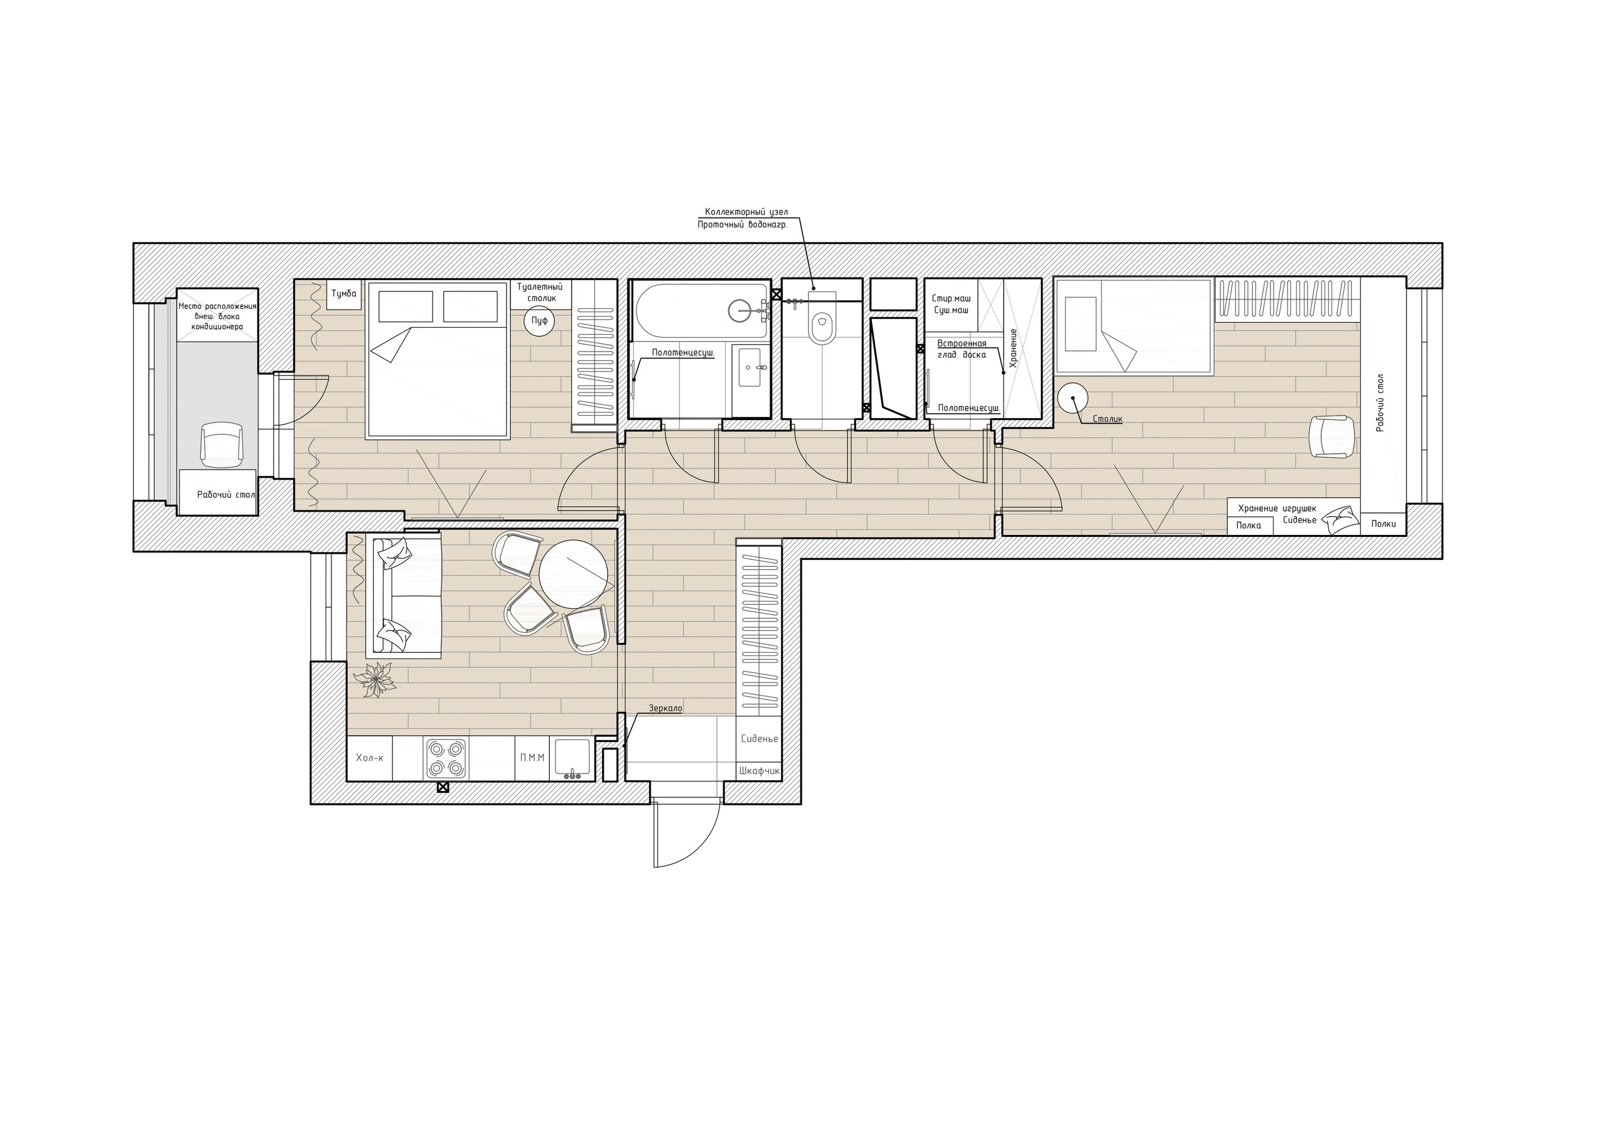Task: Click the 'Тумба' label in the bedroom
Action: click(343, 293)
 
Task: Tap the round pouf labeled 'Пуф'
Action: click(540, 321)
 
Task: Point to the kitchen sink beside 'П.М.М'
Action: click(572, 758)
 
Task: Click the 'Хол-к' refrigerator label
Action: click(370, 758)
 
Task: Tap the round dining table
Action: click(572, 575)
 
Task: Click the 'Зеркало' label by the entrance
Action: click(665, 709)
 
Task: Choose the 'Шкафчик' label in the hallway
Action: click(760, 771)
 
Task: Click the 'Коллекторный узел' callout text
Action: click(746, 212)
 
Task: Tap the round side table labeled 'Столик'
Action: click(1073, 399)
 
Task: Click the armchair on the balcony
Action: click(222, 444)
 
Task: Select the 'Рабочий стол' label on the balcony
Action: click(225, 494)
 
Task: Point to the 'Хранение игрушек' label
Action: click(1277, 509)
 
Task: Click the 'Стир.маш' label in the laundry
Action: click(951, 298)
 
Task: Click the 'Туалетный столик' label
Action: click(540, 293)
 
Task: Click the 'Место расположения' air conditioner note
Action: click(217, 306)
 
